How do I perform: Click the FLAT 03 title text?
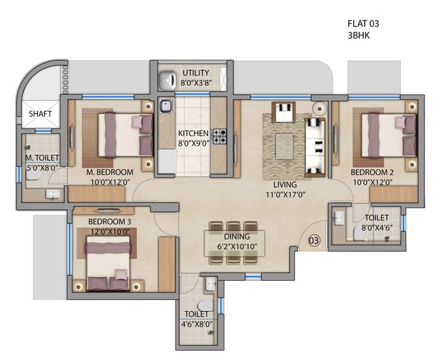[363, 24]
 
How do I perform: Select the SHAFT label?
[40, 113]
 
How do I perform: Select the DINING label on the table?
[237, 237]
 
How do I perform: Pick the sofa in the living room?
[315, 137]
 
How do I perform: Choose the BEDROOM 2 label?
[372, 172]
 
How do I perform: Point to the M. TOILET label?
[41, 158]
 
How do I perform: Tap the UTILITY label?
[196, 73]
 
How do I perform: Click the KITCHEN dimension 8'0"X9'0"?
[193, 143]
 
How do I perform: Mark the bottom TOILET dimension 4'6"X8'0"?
[196, 324]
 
